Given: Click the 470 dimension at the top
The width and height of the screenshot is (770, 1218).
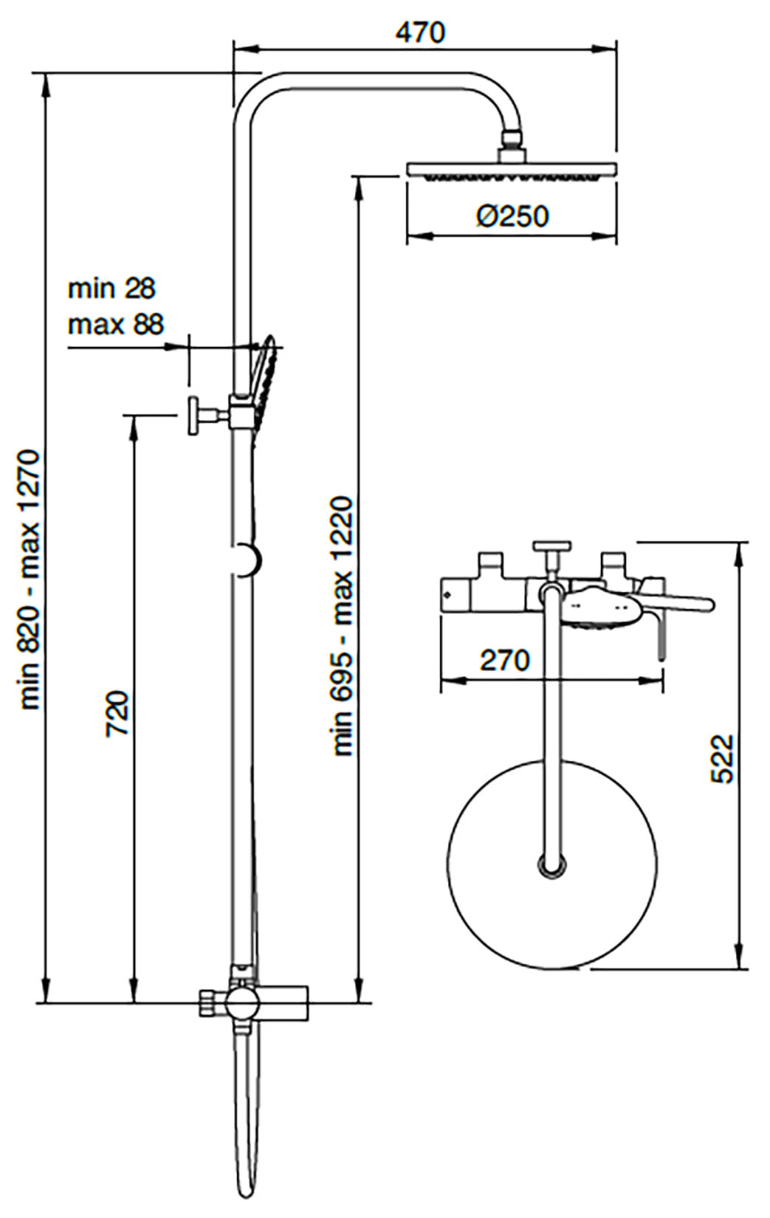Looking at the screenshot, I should [x=420, y=32].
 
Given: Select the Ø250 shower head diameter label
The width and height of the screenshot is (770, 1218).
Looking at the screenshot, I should [x=512, y=216].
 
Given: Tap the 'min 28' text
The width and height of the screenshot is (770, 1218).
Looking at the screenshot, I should [x=111, y=289].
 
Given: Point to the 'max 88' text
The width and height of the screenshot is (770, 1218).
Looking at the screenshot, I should [x=116, y=324].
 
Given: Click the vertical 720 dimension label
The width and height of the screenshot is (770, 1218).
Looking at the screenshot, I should [x=118, y=713].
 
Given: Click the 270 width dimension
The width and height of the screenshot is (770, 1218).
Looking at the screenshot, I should [x=505, y=660].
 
